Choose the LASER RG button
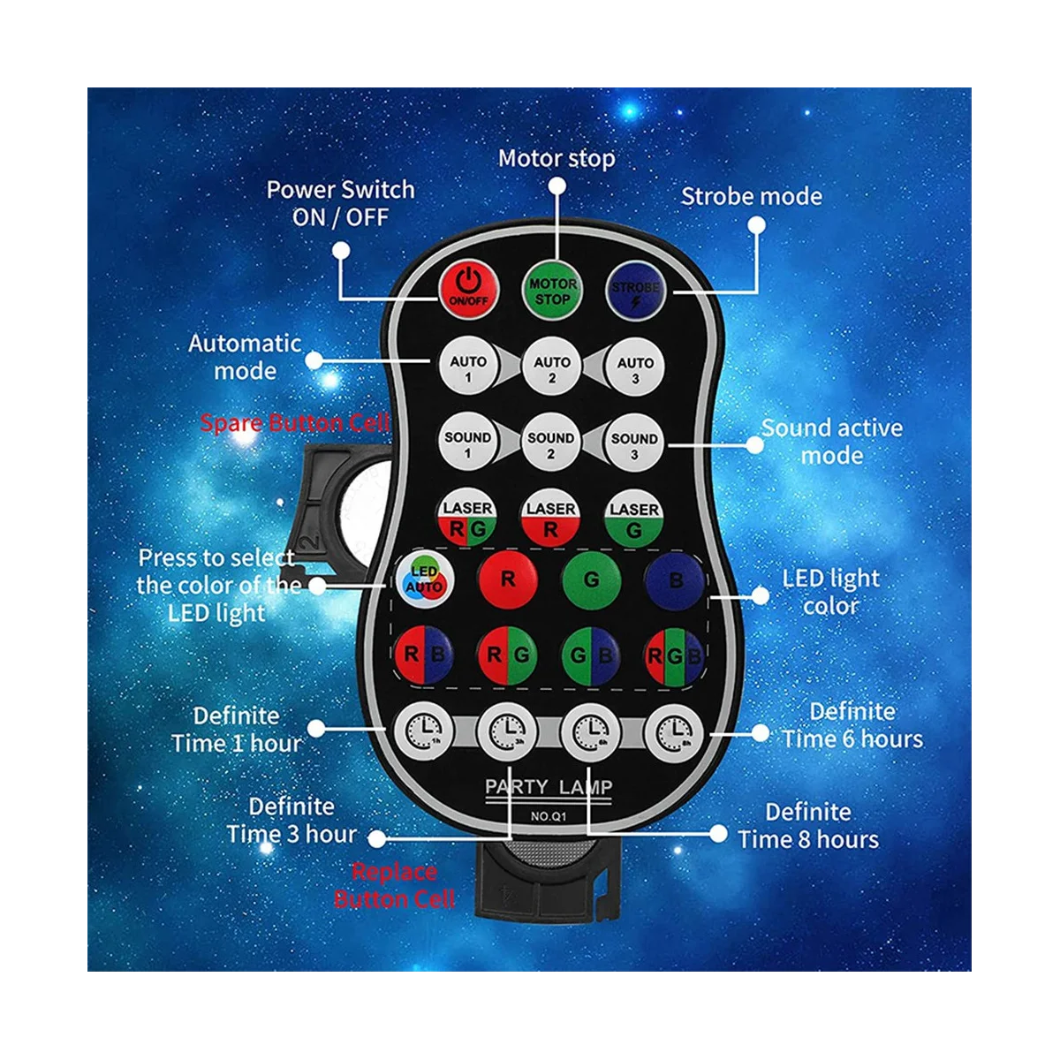click(x=467, y=519)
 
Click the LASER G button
click(x=633, y=519)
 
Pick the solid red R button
click(x=508, y=579)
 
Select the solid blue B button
click(x=675, y=581)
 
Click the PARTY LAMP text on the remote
click(x=549, y=786)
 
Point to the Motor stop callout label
click(x=556, y=159)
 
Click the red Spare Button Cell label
click(x=294, y=422)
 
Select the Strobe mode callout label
click(x=751, y=196)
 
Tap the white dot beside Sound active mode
click(x=754, y=443)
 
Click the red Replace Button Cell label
click(x=395, y=885)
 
